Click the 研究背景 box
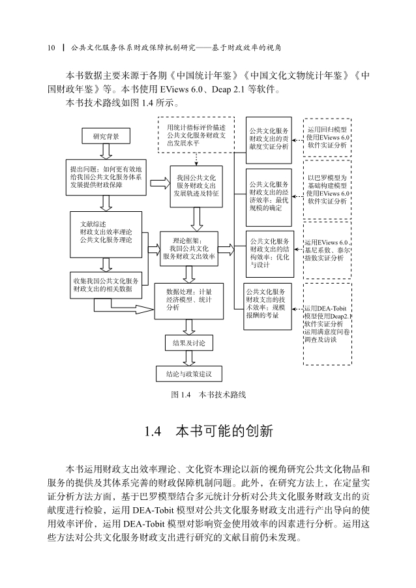(106, 136)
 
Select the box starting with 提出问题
(106, 177)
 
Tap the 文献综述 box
(106, 235)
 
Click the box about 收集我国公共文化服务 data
(106, 285)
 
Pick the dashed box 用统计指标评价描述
(196, 135)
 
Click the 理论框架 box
(189, 248)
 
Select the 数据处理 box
(189, 301)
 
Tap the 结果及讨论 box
(189, 343)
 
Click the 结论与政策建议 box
(189, 374)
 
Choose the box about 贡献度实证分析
(269, 140)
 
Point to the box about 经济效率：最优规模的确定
(269, 198)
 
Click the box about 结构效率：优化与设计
(270, 254)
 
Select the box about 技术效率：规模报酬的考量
(267, 306)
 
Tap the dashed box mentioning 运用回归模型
(327, 138)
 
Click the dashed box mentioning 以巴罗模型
(327, 190)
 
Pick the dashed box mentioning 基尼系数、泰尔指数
(327, 250)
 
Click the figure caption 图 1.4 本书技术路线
(209, 394)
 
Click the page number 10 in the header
(52, 48)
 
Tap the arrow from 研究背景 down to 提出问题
(106, 151)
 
